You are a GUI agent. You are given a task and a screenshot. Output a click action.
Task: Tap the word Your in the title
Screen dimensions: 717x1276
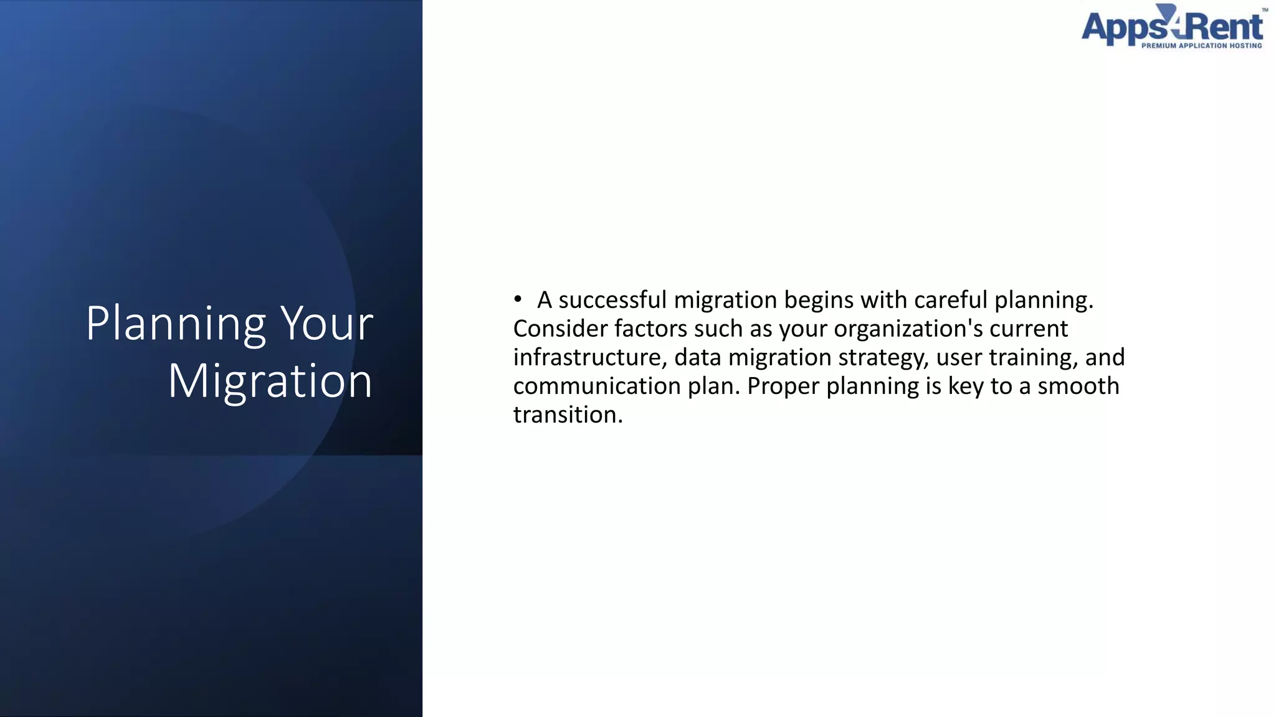pos(326,324)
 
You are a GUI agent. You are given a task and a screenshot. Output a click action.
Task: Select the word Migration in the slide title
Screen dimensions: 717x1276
pos(270,381)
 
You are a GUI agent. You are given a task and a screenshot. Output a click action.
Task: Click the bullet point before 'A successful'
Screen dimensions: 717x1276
pos(518,300)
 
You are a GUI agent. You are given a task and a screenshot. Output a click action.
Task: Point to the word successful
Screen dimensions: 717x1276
pos(612,300)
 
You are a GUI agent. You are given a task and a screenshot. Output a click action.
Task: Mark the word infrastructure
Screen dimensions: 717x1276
pos(587,357)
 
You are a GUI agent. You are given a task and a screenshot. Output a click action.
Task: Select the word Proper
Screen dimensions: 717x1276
pos(783,386)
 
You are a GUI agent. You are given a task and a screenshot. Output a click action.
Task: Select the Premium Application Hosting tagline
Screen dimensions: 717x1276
pos(1201,45)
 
